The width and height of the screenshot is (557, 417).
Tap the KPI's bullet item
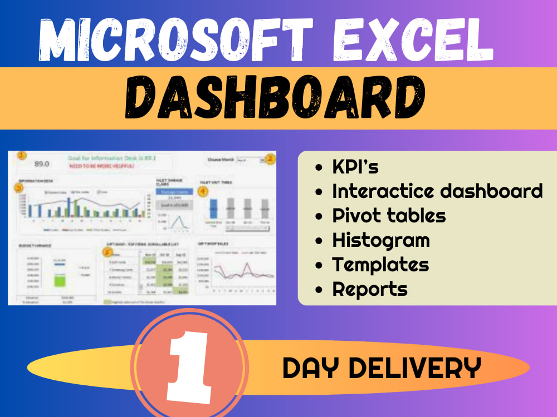tap(355, 166)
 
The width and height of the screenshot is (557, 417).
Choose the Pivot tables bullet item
tap(389, 215)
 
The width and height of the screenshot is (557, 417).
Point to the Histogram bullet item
tap(381, 240)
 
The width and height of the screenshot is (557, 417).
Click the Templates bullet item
tap(380, 265)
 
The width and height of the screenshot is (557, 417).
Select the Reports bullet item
tap(370, 289)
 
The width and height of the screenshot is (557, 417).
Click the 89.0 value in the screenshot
tap(42, 164)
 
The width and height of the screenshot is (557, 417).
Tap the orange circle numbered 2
tap(270, 159)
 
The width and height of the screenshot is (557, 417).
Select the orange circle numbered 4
tap(203, 192)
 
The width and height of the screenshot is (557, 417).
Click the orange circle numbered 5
tap(108, 252)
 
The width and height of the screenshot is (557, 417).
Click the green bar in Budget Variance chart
tap(60, 277)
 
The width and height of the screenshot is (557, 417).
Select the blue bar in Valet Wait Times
tap(213, 210)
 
